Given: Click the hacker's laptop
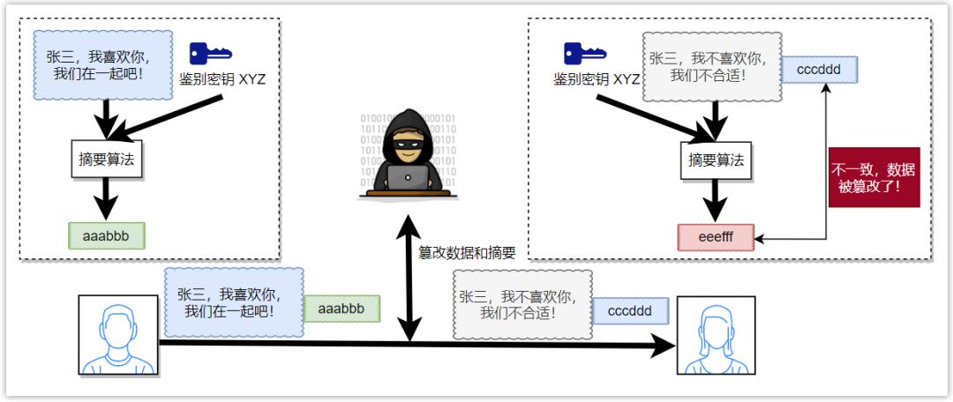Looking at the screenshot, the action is (x=408, y=178).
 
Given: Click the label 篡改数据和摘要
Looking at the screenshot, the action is (x=467, y=253).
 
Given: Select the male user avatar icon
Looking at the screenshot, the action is (x=118, y=335).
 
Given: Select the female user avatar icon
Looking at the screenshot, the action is (x=716, y=335).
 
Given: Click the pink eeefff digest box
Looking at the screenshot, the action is (x=716, y=237).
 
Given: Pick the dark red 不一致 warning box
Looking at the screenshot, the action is (x=874, y=177).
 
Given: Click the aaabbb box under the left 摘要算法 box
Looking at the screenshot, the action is (x=107, y=236).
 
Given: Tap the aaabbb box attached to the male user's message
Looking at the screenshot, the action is (x=341, y=309).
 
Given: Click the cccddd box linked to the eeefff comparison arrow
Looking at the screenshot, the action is (x=819, y=70).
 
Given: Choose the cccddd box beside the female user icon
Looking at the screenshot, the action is (x=630, y=311).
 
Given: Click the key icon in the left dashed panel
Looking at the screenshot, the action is (x=210, y=54).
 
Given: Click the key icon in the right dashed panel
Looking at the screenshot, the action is (x=585, y=54).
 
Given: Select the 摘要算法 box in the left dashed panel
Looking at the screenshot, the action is (x=107, y=160).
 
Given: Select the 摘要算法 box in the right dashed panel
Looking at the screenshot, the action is (x=716, y=160).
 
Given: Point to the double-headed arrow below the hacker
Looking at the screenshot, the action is (x=409, y=276).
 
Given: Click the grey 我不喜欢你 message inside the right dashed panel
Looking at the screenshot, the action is (x=710, y=67).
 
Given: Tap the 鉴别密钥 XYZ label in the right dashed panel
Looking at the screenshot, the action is (x=597, y=79).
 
